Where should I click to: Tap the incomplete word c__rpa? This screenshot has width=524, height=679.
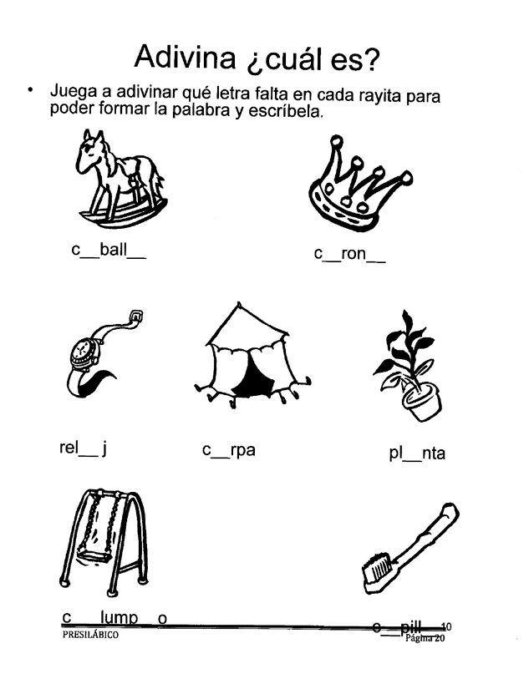pyautogui.click(x=228, y=451)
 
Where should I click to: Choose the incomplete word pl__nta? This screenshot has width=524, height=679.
pyautogui.click(x=412, y=454)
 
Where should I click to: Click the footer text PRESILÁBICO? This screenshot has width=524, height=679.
pyautogui.click(x=89, y=636)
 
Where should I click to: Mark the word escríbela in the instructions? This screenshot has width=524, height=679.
pyautogui.click(x=282, y=109)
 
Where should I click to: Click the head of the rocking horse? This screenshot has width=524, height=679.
pyautogui.click(x=89, y=151)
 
